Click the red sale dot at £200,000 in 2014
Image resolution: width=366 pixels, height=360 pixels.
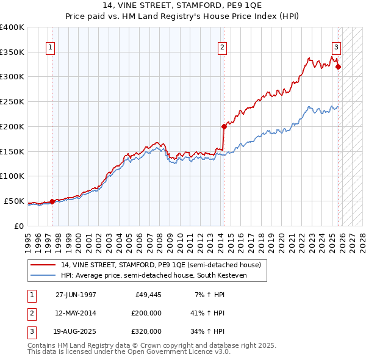(224, 126)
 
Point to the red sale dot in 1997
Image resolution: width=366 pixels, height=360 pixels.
(52, 201)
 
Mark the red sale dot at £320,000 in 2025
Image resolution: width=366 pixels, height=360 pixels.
(339, 67)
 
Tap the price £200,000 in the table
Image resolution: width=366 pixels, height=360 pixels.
(145, 313)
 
